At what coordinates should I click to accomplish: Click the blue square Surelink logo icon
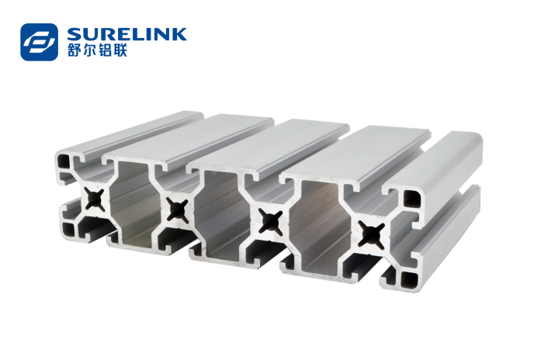(x=39, y=42)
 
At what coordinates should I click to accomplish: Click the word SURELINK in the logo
(x=127, y=34)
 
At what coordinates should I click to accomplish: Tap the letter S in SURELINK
(x=74, y=34)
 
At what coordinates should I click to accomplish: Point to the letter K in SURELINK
(x=179, y=34)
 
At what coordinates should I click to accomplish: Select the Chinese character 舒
(x=74, y=50)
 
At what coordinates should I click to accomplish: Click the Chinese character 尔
(x=90, y=50)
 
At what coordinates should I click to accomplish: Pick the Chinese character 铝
(x=105, y=50)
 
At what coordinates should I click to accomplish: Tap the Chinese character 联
(x=120, y=50)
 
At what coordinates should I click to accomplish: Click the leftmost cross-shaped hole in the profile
(x=95, y=199)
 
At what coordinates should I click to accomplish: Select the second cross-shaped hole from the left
(x=178, y=209)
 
